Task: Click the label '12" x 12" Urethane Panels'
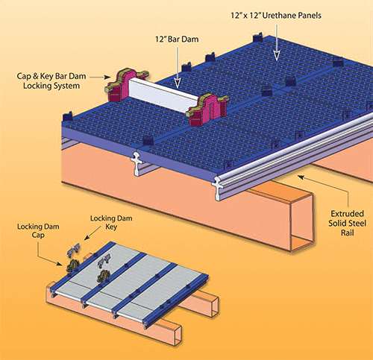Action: pos(276,16)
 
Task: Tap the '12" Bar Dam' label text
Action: pos(177,40)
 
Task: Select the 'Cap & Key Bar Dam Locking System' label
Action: pos(51,81)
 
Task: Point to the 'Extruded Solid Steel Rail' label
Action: pos(348,223)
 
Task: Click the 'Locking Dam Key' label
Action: pos(111,222)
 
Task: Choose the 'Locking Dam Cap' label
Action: pos(38,230)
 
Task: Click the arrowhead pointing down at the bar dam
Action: pos(178,83)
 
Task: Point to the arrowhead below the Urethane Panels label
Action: pos(277,56)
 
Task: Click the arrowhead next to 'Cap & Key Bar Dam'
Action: pos(107,78)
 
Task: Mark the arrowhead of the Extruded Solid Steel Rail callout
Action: pos(301,177)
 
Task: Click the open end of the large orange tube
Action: pos(301,222)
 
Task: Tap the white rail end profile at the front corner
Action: pos(217,188)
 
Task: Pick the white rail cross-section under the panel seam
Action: pos(137,163)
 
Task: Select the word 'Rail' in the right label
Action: pos(348,233)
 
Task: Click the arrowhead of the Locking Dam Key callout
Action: pos(86,238)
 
